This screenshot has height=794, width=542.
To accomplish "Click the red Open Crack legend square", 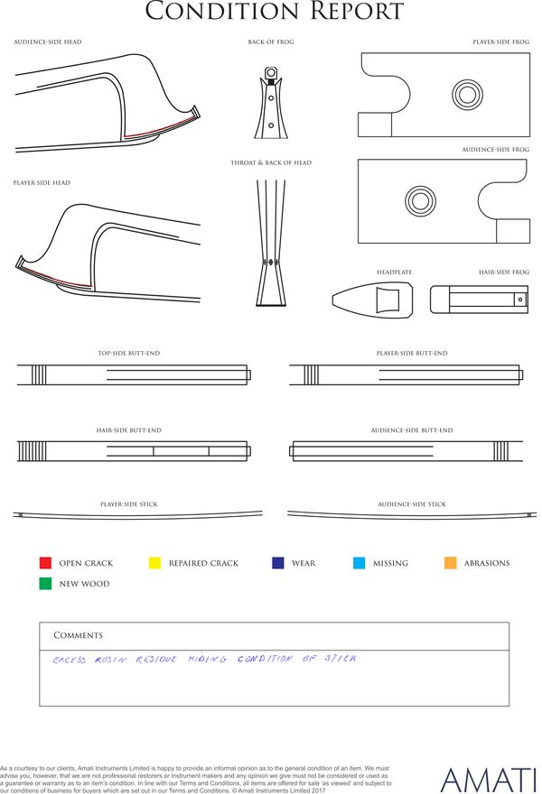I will coord(45,563).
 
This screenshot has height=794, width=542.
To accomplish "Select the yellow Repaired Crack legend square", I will coord(154,563).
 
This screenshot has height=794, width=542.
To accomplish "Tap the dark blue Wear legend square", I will coord(277,563).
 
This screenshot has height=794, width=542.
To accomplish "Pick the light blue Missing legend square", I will coord(359,563).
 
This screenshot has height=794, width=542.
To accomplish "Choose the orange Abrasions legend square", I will coord(451,563).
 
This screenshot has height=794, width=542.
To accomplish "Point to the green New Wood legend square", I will coord(45,584).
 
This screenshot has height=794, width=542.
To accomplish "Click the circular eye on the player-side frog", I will coord(468,94).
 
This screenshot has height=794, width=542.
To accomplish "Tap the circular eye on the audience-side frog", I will coord(420,200).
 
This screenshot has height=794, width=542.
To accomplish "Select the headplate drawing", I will coord(373,299).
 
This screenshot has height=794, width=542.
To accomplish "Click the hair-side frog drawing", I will coord(478,299).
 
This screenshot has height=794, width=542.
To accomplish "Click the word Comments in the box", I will coord(78,635).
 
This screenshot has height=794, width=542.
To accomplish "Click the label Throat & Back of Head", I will coord(271,163).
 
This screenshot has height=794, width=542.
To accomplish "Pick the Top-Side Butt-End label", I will coord(128,353).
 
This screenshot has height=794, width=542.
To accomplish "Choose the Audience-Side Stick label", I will coord(411,504).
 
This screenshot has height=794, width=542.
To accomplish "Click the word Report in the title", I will coord(348,12).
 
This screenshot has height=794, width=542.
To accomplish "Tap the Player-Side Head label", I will coord(42,183).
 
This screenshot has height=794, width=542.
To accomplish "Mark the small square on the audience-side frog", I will coord(512,231).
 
